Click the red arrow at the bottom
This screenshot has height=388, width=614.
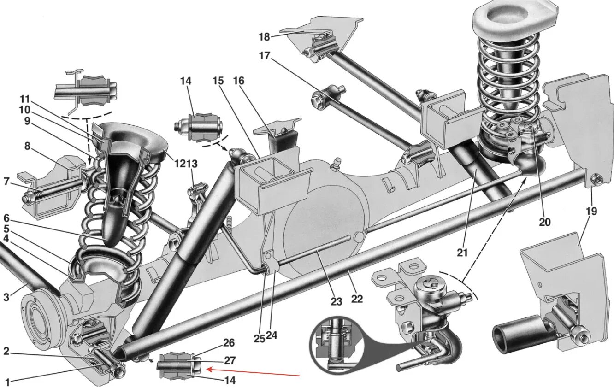254,372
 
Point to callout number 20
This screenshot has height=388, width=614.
544,222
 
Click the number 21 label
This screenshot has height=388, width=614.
462,252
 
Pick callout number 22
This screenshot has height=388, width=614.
357,299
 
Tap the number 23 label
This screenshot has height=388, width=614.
336,301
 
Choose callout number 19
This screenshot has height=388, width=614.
591,211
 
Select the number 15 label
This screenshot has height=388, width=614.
218,81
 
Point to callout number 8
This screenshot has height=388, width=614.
27,147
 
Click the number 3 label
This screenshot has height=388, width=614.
6,297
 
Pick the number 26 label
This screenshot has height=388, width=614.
229,343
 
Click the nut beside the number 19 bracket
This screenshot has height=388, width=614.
595,179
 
